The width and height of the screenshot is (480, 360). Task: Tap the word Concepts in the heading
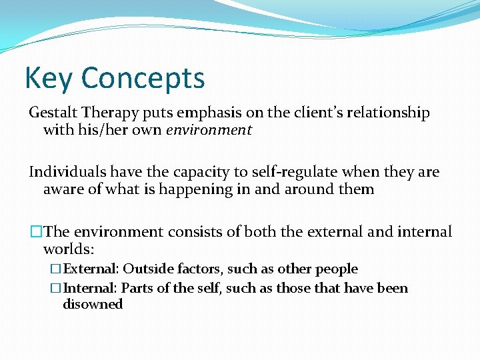click(144, 78)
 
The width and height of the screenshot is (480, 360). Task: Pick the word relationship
click(391, 113)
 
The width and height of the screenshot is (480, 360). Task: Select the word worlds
click(69, 249)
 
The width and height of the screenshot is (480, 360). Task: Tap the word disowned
click(93, 305)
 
